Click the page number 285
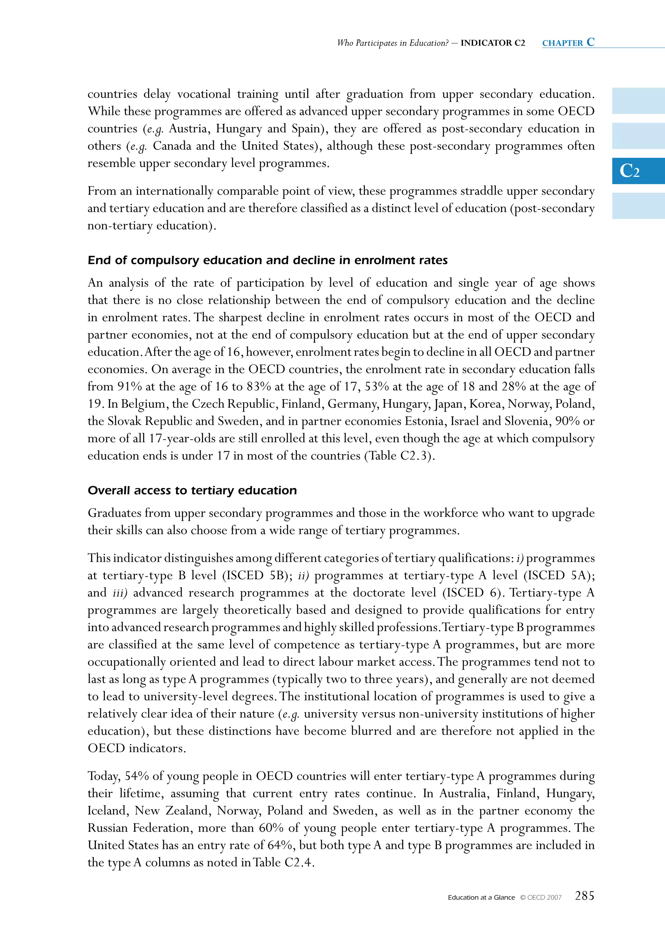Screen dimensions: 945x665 pyautogui.click(x=584, y=896)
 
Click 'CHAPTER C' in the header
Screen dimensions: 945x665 pyautogui.click(x=568, y=43)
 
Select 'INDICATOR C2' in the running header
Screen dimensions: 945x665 pyautogui.click(x=493, y=43)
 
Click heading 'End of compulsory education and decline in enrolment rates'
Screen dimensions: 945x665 pyautogui.click(x=268, y=260)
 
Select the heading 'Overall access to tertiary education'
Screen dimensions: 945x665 pyautogui.click(x=192, y=490)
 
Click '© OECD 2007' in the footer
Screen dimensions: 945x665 pyautogui.click(x=541, y=898)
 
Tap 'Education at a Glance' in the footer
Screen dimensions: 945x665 pyautogui.click(x=481, y=898)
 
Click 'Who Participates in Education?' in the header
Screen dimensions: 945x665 pyautogui.click(x=393, y=43)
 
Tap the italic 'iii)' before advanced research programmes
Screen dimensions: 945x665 pyautogui.click(x=120, y=593)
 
